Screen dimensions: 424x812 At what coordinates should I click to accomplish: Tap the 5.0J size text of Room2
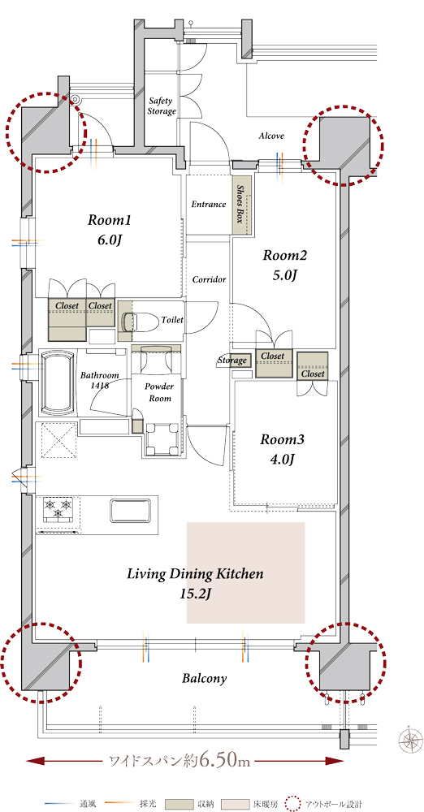click(x=283, y=275)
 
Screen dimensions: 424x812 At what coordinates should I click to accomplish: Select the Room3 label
click(x=282, y=439)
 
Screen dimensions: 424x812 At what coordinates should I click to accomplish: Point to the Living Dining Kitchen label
click(x=196, y=574)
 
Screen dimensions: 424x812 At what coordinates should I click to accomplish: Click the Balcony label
click(x=204, y=678)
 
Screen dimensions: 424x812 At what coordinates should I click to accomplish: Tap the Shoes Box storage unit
click(x=241, y=204)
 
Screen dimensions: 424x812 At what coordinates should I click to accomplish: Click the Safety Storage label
click(x=162, y=106)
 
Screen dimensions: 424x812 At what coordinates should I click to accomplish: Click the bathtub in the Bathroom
click(x=57, y=382)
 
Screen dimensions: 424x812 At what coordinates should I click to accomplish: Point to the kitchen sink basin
click(x=131, y=510)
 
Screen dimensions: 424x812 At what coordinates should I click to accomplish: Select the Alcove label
click(x=271, y=136)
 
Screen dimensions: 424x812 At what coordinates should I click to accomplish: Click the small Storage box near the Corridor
click(x=241, y=360)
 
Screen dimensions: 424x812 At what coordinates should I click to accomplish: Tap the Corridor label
click(x=209, y=279)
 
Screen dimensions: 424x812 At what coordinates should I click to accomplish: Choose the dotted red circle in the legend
click(x=293, y=804)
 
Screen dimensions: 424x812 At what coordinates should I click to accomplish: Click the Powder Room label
click(x=159, y=392)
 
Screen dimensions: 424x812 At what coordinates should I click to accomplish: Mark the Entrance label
click(x=209, y=204)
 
